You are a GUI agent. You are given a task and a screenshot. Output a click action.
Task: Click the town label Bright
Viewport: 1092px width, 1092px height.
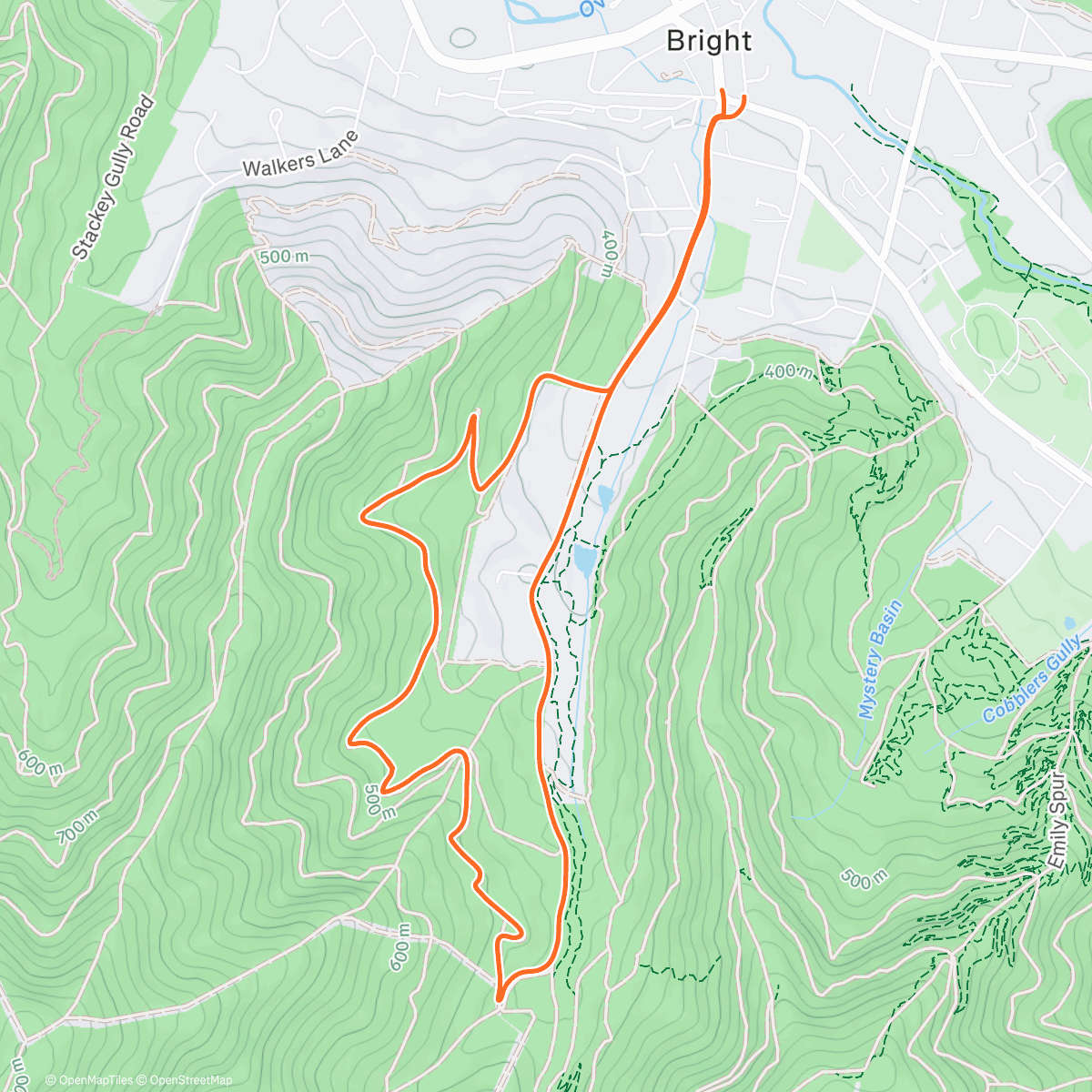(x=709, y=41)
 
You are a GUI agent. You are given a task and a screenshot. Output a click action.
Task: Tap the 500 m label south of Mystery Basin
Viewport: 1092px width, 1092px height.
(x=864, y=879)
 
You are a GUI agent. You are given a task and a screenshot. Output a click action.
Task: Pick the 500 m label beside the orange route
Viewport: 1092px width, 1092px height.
(x=379, y=801)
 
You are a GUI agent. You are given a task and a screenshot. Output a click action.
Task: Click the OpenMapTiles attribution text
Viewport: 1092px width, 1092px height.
(x=89, y=1080)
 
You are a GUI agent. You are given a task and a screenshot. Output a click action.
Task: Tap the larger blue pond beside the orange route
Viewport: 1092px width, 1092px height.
(x=583, y=560)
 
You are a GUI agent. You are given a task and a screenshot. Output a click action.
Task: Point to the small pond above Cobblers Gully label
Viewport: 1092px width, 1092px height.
(x=1069, y=624)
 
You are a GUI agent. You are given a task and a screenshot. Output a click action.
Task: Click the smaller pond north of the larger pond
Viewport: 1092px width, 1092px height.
(x=604, y=497)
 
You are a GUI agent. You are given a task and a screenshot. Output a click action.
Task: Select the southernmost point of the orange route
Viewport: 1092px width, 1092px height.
(x=500, y=999)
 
